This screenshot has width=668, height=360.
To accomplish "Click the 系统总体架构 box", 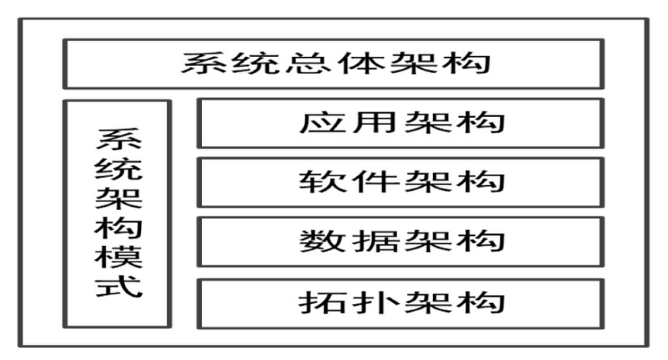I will click(x=333, y=63).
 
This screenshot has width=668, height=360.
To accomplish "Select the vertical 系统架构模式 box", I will click(x=117, y=213).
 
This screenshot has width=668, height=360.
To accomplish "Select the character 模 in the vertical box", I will click(x=117, y=257).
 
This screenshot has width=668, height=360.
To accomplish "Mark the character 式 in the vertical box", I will click(x=117, y=287).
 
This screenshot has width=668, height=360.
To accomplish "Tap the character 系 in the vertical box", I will click(x=117, y=139).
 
